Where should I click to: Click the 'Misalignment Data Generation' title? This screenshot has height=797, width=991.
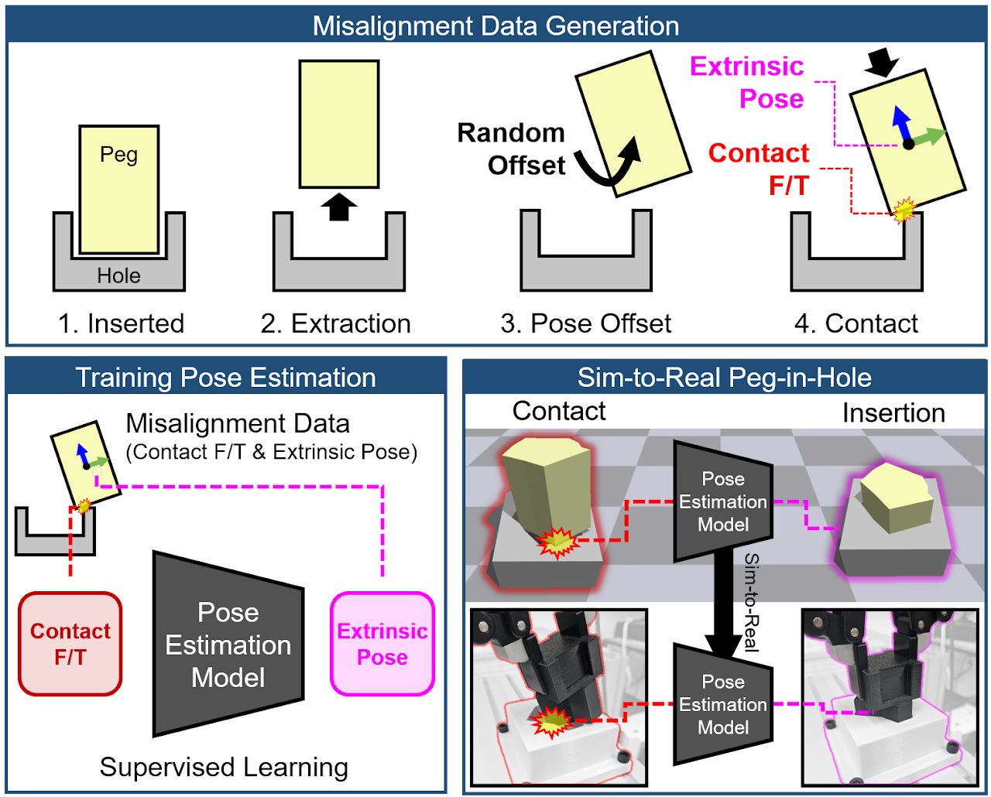point(495,26)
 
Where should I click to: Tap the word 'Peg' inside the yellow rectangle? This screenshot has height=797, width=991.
point(118,155)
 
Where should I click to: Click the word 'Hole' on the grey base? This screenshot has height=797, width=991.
point(118,275)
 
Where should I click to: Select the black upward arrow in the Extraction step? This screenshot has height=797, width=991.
point(339,207)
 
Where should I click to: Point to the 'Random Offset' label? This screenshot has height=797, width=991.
point(511,149)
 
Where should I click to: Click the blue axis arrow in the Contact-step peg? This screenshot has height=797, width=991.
point(903,125)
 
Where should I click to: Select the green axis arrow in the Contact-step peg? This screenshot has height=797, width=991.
point(928,139)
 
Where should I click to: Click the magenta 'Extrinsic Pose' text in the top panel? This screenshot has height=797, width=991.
point(747,83)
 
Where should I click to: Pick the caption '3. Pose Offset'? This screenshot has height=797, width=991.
point(586,323)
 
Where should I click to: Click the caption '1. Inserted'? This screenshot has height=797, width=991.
point(121,323)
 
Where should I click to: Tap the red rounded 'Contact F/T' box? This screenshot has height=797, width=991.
point(70,644)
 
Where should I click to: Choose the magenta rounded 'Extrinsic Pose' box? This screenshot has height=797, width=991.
point(382,644)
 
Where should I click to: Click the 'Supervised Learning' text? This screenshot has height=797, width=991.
point(224,768)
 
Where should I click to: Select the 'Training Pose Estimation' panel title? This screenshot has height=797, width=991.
point(225,378)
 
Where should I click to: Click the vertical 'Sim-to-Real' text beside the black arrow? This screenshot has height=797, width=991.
point(752,602)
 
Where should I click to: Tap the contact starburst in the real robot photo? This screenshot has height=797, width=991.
point(552,722)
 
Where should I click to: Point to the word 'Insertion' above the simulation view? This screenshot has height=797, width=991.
point(893,413)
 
